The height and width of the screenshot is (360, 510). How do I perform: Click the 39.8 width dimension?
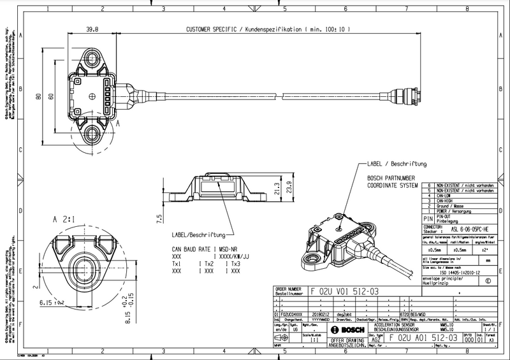(93, 29)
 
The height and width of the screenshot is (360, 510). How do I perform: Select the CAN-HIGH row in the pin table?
(458, 200)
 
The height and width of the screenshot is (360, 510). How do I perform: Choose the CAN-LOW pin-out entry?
(458, 194)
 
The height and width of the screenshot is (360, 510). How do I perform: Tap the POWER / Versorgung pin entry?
(458, 212)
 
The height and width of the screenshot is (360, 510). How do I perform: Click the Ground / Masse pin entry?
(458, 206)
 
